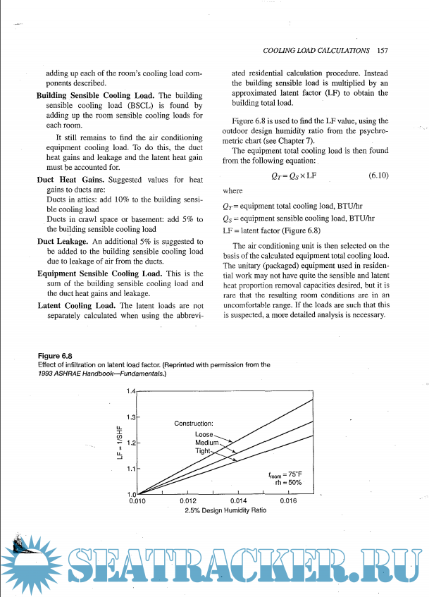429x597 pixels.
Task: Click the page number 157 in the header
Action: coord(383,50)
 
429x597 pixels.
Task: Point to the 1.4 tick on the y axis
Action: coord(130,390)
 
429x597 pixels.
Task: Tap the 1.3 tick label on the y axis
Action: coord(130,417)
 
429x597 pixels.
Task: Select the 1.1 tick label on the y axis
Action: coord(130,468)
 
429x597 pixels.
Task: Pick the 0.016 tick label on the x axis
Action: coord(287,501)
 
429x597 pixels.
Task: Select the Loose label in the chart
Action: coord(204,434)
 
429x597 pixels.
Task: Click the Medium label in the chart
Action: coord(207,442)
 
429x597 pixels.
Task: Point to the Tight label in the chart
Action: coord(203,450)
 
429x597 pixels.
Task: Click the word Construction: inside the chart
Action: coord(194,423)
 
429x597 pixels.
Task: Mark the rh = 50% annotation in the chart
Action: coord(288,483)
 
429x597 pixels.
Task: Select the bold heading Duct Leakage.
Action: coord(61,242)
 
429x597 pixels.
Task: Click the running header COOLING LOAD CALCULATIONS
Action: coord(316,50)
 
